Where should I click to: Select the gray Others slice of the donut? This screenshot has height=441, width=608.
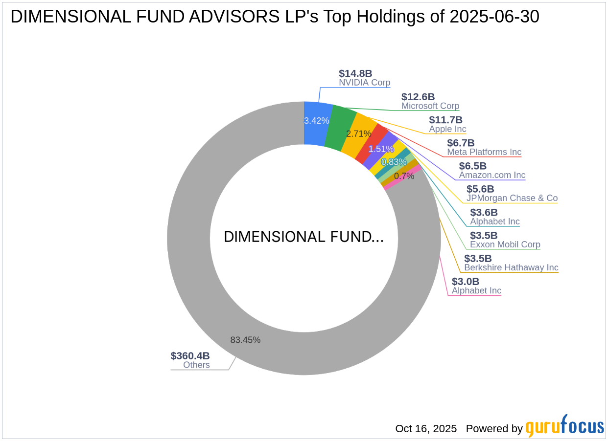(x=206, y=293)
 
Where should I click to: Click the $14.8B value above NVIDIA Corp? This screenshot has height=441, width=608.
(x=355, y=73)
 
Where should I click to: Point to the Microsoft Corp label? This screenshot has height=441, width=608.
(x=430, y=106)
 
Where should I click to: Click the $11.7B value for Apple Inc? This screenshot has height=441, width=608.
(x=445, y=120)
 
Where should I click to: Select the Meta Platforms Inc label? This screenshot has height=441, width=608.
(x=484, y=152)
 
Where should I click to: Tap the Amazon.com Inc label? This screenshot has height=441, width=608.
(x=492, y=175)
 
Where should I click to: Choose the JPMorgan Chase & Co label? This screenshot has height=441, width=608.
(x=512, y=198)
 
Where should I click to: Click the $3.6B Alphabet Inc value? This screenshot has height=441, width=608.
(x=484, y=212)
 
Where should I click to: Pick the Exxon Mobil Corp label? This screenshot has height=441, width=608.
(x=505, y=244)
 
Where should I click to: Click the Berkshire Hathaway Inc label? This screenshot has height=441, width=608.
(x=511, y=267)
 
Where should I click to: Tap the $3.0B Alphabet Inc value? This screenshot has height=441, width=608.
(x=466, y=282)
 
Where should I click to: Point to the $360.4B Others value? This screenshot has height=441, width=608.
(x=190, y=356)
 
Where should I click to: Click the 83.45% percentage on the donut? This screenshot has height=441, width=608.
(x=245, y=340)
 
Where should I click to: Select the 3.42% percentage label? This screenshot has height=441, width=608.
(x=316, y=120)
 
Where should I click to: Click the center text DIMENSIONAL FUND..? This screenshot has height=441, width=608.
(x=304, y=237)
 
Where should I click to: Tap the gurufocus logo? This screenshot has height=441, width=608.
(x=564, y=426)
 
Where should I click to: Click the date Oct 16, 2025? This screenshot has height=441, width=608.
(x=426, y=429)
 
